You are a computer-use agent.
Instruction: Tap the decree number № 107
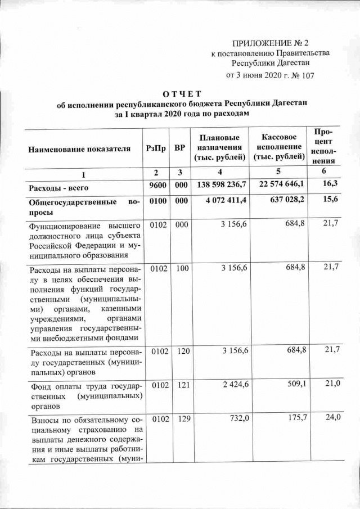pos(302,74)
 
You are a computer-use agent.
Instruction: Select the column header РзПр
pos(155,147)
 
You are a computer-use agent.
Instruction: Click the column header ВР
pos(179,147)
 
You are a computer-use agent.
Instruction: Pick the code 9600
pos(156,185)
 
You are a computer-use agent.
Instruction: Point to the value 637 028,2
pos(284,201)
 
